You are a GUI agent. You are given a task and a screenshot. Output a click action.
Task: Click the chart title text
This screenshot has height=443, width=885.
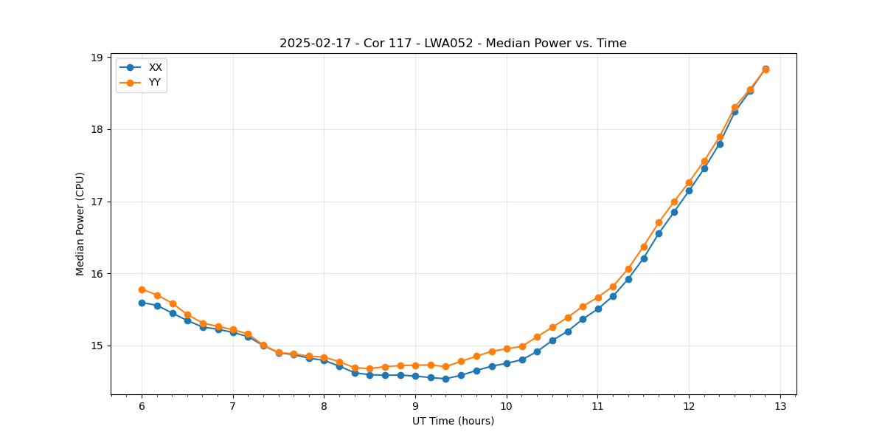[x=453, y=44]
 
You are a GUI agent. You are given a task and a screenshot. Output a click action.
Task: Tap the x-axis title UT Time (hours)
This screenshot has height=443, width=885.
[x=453, y=421]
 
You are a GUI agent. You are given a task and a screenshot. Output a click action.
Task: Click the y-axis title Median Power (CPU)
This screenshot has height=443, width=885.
[x=80, y=224]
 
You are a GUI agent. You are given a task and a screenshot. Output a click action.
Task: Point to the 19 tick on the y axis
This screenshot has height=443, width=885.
[x=97, y=58]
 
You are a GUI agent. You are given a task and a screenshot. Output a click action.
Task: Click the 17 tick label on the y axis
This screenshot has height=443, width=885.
[x=97, y=202]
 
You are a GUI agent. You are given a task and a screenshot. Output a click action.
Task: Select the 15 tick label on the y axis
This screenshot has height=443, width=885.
[x=97, y=346]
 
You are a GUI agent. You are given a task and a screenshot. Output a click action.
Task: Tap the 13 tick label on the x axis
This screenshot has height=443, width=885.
[x=780, y=406]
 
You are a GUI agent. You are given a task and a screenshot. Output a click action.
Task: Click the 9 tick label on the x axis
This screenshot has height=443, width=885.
[x=415, y=406]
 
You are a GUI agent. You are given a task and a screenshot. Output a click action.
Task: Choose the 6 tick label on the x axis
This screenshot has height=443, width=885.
[x=142, y=406]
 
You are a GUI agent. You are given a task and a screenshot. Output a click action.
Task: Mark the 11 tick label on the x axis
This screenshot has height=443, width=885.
[x=597, y=406]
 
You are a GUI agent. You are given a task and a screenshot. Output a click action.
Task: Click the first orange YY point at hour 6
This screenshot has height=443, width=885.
[x=142, y=289]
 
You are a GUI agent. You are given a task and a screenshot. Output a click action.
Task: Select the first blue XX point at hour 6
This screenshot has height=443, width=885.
[x=142, y=303]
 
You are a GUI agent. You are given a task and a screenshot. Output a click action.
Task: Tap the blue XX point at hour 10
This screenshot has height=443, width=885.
[x=507, y=363]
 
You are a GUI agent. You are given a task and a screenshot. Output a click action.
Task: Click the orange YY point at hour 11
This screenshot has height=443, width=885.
[x=598, y=298]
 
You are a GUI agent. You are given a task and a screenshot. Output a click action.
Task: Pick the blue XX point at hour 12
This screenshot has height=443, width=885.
[x=689, y=190]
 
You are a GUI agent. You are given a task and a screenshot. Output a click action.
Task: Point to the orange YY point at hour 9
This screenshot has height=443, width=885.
[x=415, y=365]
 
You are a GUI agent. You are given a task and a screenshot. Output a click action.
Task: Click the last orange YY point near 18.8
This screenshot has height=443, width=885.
[x=766, y=69]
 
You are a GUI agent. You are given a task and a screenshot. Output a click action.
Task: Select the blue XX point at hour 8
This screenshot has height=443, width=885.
[x=324, y=360]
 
